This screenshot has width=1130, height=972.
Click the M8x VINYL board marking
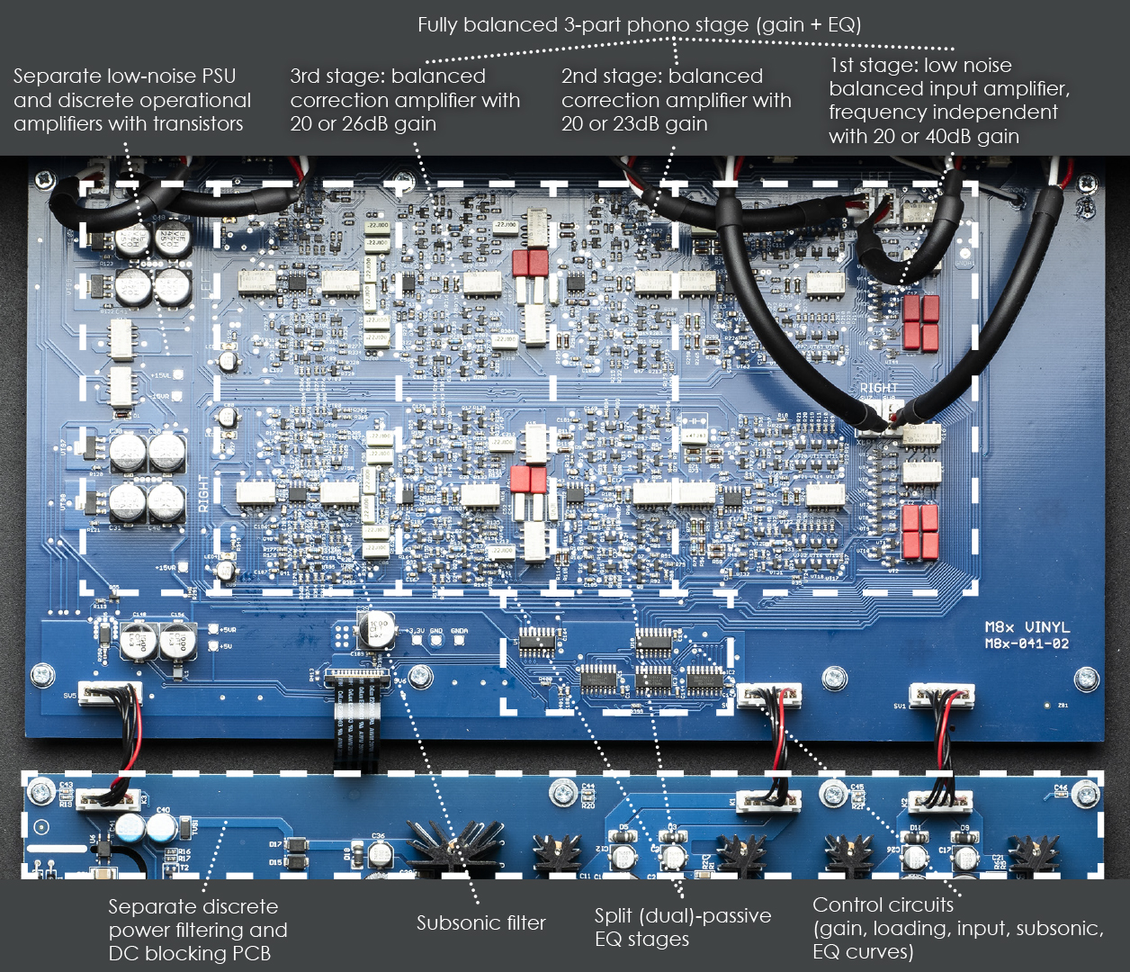(x=1026, y=627)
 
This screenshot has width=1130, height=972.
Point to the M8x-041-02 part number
(x=1026, y=643)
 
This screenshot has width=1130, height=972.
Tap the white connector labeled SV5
(x=108, y=693)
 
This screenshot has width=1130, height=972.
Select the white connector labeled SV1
(x=941, y=695)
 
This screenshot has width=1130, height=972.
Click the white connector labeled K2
(x=940, y=800)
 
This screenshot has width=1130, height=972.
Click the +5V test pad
(x=214, y=646)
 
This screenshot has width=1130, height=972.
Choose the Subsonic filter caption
(x=480, y=922)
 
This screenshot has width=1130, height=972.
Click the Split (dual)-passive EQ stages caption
(x=682, y=927)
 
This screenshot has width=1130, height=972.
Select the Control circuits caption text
(x=957, y=928)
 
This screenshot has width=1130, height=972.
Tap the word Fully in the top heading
(x=438, y=25)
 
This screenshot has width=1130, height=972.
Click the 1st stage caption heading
(x=919, y=65)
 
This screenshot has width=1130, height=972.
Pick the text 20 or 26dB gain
(x=363, y=123)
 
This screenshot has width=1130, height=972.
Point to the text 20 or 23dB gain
(x=634, y=123)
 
